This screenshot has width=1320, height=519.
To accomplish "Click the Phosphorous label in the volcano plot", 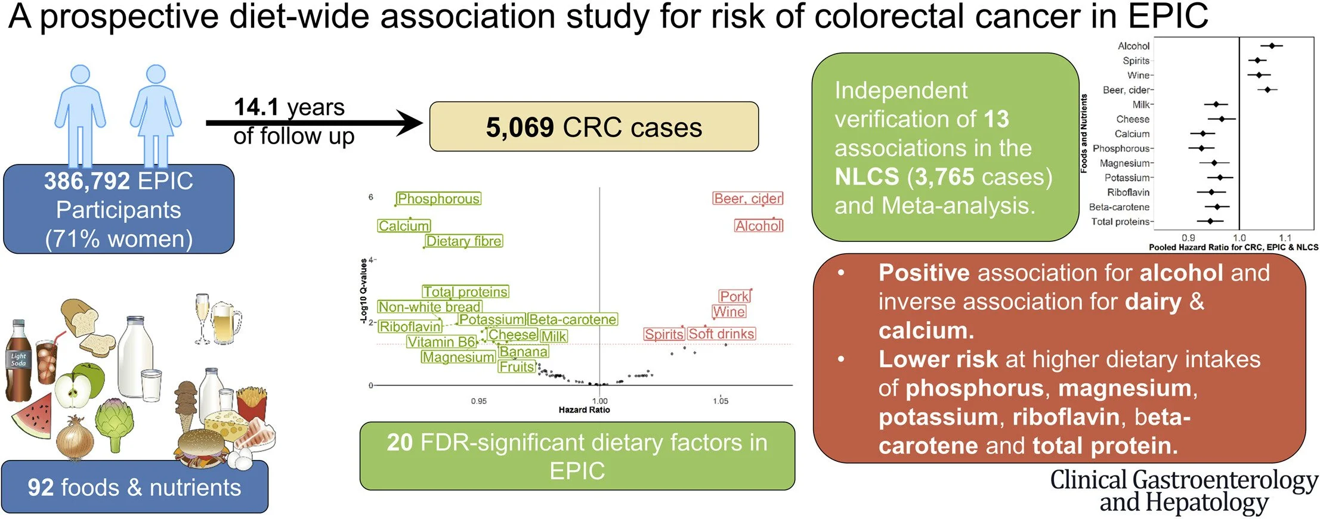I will (x=438, y=198).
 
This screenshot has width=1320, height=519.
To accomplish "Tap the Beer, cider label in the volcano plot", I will (x=748, y=198).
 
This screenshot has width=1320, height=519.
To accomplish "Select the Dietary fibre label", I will (x=464, y=241).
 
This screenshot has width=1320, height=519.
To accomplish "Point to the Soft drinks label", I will (x=722, y=334).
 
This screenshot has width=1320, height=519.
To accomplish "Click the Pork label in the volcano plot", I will (x=734, y=296).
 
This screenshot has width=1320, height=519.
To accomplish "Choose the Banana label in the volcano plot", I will (x=523, y=352).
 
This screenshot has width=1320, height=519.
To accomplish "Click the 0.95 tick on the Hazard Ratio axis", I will (x=478, y=401).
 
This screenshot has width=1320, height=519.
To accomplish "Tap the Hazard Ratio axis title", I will (x=584, y=410).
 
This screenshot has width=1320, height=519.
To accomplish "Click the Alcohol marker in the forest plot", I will (x=1272, y=46).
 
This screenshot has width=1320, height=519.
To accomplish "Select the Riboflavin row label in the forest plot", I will (x=1128, y=192).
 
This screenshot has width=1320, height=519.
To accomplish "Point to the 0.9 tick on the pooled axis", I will (x=1188, y=238).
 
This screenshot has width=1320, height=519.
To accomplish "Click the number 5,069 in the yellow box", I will (x=520, y=128).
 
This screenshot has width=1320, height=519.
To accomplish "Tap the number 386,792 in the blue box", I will (x=87, y=181).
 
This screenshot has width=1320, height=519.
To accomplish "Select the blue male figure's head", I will (x=80, y=74).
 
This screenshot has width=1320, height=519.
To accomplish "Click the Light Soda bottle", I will (x=18, y=360).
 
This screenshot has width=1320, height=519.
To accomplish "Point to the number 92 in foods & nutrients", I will (x=41, y=487).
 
